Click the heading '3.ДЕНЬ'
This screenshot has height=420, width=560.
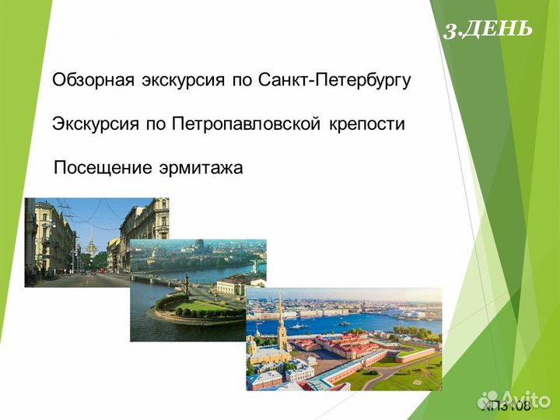click(x=488, y=30)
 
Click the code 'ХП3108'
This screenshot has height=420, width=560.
click(x=506, y=405)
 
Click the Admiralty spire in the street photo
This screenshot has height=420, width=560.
click(x=91, y=241)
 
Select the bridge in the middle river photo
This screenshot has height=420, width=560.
click(x=156, y=278)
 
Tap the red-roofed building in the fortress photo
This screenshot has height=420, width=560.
click(x=342, y=346)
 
